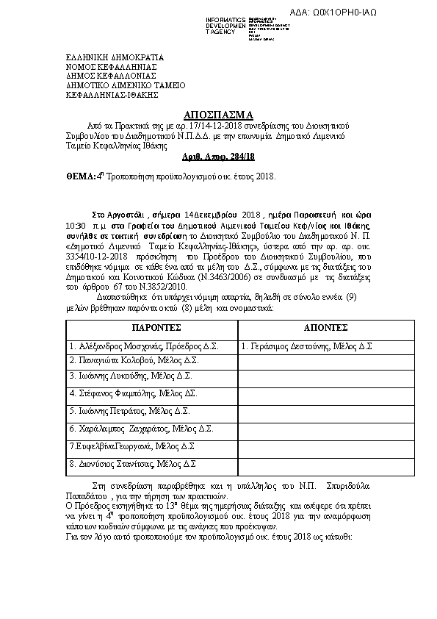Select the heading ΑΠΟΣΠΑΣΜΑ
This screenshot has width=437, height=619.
(218, 115)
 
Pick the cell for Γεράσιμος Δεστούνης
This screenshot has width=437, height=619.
(307, 346)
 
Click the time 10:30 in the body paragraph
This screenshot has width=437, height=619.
(76, 224)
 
